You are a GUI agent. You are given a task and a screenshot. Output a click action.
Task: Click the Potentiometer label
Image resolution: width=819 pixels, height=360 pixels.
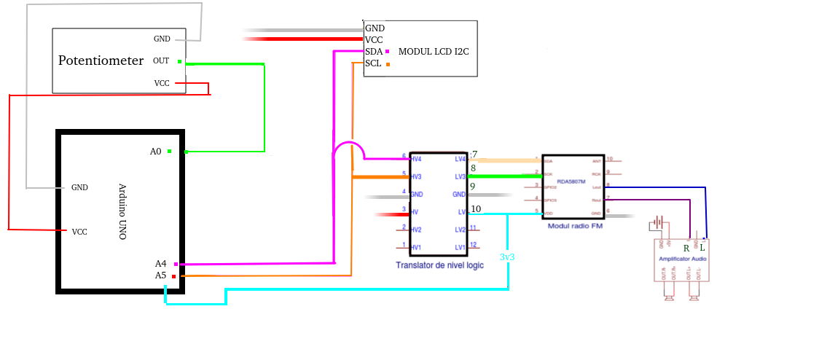click(101, 60)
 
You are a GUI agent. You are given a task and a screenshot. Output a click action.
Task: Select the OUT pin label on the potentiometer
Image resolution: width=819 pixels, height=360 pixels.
click(161, 61)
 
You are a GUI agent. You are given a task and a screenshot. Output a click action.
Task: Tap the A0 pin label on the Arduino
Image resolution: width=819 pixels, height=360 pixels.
click(155, 152)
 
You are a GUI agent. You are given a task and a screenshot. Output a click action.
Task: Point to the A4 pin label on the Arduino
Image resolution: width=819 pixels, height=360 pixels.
click(160, 264)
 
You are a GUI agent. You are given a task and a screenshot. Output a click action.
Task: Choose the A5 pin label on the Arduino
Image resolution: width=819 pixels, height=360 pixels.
click(160, 275)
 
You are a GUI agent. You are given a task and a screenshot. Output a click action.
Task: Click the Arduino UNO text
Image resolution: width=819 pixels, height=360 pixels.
click(122, 211)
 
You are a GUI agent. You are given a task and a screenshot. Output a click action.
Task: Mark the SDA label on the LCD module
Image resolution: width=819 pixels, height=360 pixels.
click(374, 52)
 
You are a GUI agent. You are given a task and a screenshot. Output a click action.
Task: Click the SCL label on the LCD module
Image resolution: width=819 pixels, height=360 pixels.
click(373, 63)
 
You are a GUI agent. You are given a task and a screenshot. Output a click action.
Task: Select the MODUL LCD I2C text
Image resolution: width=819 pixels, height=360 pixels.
click(433, 52)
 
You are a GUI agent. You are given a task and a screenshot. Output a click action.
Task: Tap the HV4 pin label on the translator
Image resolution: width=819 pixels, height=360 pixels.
click(416, 159)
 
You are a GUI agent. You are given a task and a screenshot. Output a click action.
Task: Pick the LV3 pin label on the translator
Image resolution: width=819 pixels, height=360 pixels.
click(461, 177)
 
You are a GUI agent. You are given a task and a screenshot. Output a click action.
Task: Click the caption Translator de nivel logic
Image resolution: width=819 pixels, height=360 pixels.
click(440, 265)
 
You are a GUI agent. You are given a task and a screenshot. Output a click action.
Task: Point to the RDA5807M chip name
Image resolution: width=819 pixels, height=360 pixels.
click(572, 182)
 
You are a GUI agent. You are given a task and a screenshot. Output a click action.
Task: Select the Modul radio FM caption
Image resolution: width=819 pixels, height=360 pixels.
click(575, 227)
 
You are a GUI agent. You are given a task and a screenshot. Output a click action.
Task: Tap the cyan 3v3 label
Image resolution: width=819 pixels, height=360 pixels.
click(508, 257)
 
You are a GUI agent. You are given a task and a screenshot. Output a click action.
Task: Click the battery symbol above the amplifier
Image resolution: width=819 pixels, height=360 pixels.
click(659, 222)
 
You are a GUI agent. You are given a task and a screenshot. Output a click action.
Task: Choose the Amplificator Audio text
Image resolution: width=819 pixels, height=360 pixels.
click(682, 259)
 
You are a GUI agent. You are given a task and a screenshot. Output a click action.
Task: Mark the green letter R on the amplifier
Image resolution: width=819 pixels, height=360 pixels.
click(686, 249)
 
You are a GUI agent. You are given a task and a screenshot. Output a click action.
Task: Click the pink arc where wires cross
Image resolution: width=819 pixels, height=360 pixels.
click(344, 149)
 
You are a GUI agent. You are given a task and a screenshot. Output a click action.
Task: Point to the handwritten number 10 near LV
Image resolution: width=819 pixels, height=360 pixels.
click(476, 209)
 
